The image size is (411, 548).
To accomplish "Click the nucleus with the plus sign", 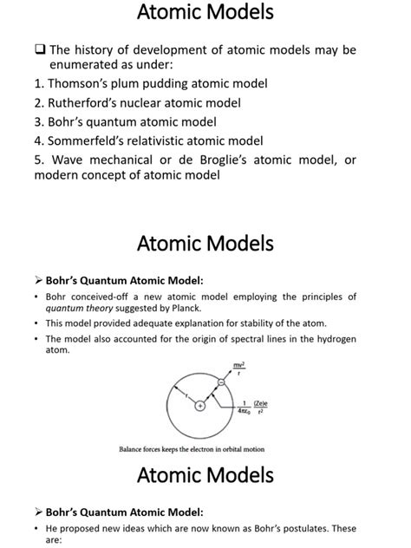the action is pos(199,405).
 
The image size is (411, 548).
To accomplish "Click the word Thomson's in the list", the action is pos(83,83).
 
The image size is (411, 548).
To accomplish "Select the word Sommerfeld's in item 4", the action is pos(95,140).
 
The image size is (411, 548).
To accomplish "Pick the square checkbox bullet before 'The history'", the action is pos(40,50).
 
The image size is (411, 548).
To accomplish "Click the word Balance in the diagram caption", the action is pos(134,448).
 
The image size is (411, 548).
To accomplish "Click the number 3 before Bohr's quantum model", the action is pos(39,121).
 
